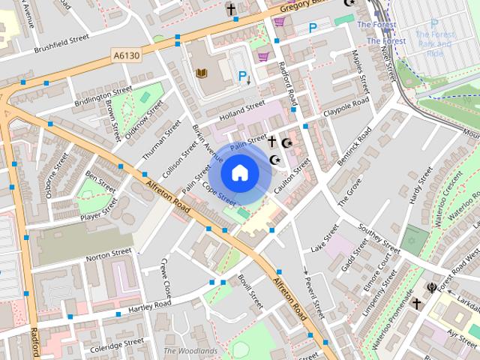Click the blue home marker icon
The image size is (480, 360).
click(x=239, y=172)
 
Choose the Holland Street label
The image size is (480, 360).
click(x=242, y=112)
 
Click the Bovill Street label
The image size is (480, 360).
click(x=250, y=291)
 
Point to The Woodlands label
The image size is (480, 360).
click(x=190, y=350)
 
